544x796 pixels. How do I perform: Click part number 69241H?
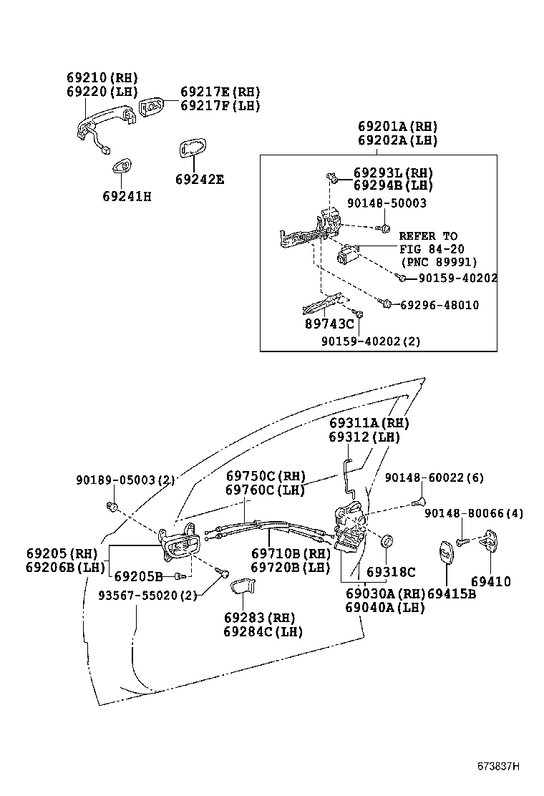tap(127, 195)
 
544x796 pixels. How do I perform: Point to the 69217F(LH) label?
tap(220, 106)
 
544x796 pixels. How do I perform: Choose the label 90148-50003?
tap(387, 203)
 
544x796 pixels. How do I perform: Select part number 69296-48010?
tap(439, 305)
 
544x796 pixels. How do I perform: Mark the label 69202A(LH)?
tap(397, 140)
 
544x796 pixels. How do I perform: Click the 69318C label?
tap(391, 572)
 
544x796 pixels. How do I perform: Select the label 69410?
tap(490, 582)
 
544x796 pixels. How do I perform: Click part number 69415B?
tap(452, 593)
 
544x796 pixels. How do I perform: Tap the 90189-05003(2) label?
tap(125, 480)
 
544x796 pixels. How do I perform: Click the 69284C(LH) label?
tap(263, 631)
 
